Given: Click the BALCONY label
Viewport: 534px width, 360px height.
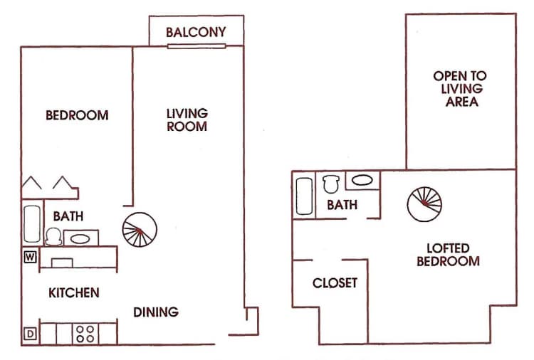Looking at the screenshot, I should coord(196,32).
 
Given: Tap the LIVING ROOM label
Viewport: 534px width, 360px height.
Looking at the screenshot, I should coord(187,120).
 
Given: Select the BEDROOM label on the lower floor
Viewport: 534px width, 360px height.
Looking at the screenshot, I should coord(77,115).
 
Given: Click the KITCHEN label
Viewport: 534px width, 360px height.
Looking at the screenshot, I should coord(73,292).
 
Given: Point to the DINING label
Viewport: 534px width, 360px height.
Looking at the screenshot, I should coord(156,312).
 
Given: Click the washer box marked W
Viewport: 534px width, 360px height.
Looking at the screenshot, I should coord(30,257).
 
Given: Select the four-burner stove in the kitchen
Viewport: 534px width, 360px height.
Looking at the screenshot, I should coord(85,333).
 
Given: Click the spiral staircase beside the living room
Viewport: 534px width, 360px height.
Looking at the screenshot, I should coord(140,231).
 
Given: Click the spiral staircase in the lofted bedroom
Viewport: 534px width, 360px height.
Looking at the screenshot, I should coord(424,204).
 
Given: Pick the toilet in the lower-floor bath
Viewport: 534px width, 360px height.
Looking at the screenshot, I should coord(53,235).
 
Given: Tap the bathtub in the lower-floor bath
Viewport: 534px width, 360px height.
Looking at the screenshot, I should coord(32,225).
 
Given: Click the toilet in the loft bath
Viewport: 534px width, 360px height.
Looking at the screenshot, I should coord(330,184).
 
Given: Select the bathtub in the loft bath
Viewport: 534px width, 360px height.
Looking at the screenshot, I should coord(303,194).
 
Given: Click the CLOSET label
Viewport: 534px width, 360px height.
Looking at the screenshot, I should coord(335,283).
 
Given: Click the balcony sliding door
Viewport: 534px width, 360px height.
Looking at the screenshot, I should coord(197,47).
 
